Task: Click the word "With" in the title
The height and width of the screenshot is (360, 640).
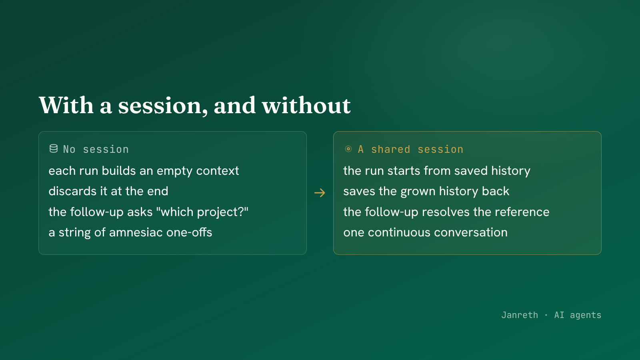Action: [x=66, y=105]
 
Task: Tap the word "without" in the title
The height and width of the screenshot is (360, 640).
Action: [x=306, y=105]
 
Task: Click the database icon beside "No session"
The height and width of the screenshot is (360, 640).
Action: [x=54, y=148]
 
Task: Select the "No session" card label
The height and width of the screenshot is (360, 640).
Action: [x=96, y=149]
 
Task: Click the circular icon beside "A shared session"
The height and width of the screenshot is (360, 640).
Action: [x=348, y=149]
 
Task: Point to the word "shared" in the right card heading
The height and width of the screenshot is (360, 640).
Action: [x=390, y=149]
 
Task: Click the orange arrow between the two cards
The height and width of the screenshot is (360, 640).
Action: [x=320, y=193]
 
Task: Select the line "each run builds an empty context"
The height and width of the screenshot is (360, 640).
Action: [x=144, y=171]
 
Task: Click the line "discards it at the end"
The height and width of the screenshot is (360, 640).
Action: [x=108, y=191]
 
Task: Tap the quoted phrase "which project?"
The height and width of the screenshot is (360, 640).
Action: [x=202, y=212]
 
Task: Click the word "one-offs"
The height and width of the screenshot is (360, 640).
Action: [x=189, y=232]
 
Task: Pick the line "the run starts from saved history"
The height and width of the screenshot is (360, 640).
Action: [x=437, y=171]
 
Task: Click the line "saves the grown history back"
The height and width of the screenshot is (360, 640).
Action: [x=426, y=192]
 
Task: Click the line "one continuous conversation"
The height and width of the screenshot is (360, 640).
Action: [x=426, y=232]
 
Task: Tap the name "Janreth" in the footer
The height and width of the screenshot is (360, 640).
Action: [x=520, y=315]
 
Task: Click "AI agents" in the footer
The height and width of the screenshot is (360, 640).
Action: [x=578, y=315]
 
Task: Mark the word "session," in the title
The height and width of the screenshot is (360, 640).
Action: [x=163, y=106]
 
